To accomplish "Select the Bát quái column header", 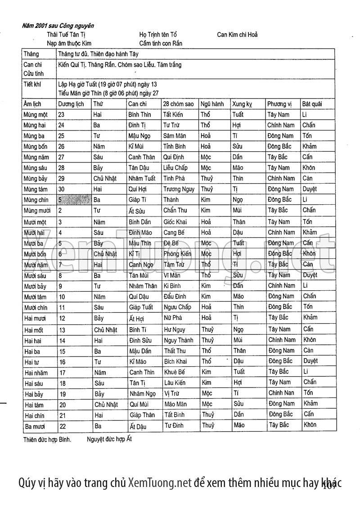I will pyautogui.click(x=312, y=104).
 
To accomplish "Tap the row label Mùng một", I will pyautogui.click(x=36, y=115).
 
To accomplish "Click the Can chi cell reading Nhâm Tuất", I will pyautogui.click(x=142, y=179).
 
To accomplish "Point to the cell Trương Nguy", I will pyautogui.click(x=179, y=189).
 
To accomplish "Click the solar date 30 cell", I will pyautogui.click(x=62, y=189).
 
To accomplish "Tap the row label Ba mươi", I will pyautogui.click(x=36, y=425).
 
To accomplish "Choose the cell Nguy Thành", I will pyautogui.click(x=179, y=340).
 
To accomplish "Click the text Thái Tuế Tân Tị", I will pyautogui.click(x=66, y=35).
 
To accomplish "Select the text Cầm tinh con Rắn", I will pyautogui.click(x=161, y=44).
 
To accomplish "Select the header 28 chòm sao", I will pyautogui.click(x=179, y=104).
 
